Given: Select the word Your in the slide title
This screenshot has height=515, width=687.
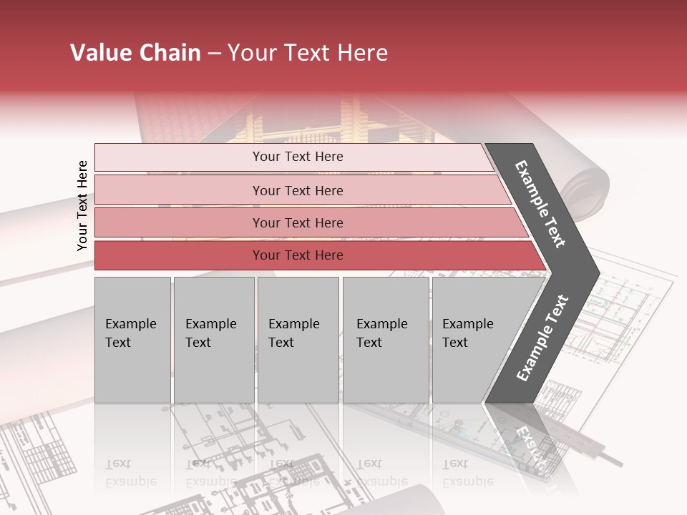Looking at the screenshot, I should (x=251, y=53).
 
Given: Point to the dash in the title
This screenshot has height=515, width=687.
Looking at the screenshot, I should (x=214, y=54).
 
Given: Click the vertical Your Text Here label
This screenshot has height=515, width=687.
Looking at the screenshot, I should (x=82, y=205).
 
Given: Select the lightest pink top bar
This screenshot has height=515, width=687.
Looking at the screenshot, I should (x=293, y=157).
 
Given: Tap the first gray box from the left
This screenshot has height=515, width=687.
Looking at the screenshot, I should (x=132, y=340).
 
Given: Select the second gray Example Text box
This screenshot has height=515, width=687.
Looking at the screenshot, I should (x=214, y=340).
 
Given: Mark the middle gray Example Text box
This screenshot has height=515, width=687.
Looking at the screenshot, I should (x=298, y=340).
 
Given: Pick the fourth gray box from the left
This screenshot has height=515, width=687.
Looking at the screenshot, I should (x=386, y=340).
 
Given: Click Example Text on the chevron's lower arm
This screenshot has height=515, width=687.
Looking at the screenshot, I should (x=542, y=338).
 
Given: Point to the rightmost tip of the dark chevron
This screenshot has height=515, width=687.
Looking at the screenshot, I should (x=599, y=273).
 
